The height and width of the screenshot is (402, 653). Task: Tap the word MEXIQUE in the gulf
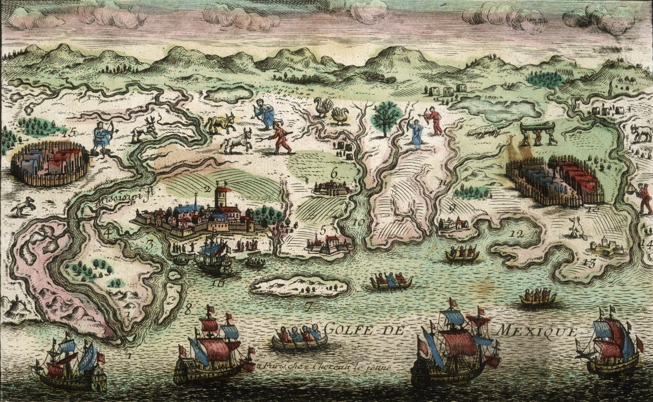coord(536,330)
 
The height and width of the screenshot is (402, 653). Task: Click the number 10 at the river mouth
coord(358,223)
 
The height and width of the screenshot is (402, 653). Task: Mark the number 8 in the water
coord(189,308)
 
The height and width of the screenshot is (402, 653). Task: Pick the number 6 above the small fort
coord(334,173)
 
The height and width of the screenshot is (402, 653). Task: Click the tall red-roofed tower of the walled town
coord(223,197)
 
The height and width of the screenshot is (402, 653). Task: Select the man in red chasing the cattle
coord(280,137)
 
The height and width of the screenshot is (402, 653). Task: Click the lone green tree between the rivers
coord(387,116)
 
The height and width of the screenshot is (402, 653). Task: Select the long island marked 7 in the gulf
coord(299,286)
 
